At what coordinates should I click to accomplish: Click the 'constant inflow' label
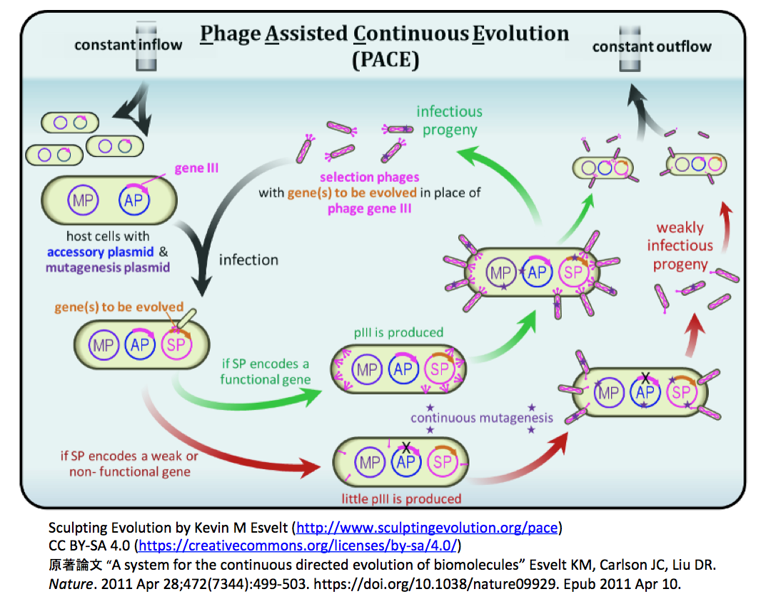(128, 45)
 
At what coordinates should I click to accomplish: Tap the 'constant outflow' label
(652, 47)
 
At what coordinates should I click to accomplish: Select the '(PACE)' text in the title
(385, 60)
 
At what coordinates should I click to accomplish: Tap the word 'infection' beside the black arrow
(248, 260)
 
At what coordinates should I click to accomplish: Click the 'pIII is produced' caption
(398, 332)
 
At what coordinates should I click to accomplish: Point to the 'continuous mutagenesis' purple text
(481, 418)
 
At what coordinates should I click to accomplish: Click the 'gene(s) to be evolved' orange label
(119, 307)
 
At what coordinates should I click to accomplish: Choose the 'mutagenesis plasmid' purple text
(108, 267)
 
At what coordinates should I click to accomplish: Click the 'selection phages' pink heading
(369, 177)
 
